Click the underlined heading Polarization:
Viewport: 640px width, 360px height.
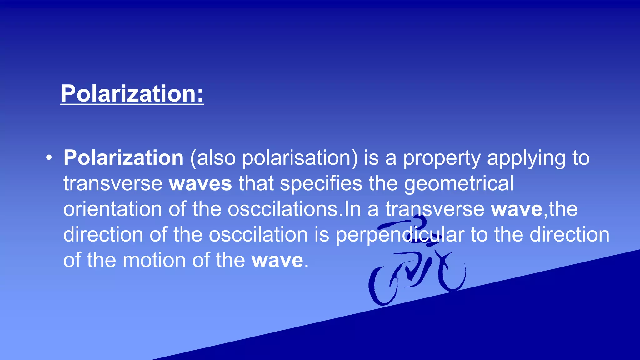click(132, 93)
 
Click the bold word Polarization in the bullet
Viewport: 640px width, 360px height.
click(123, 157)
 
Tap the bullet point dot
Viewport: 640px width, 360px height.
click(48, 158)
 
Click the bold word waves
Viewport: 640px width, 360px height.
click(200, 183)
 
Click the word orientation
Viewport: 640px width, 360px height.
click(112, 209)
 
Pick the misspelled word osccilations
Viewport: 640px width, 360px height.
click(283, 209)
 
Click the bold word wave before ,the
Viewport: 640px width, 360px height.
click(516, 209)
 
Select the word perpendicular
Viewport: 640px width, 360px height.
click(400, 235)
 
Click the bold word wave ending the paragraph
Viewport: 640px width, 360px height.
click(277, 260)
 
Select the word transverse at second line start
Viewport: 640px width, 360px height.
click(112, 183)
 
